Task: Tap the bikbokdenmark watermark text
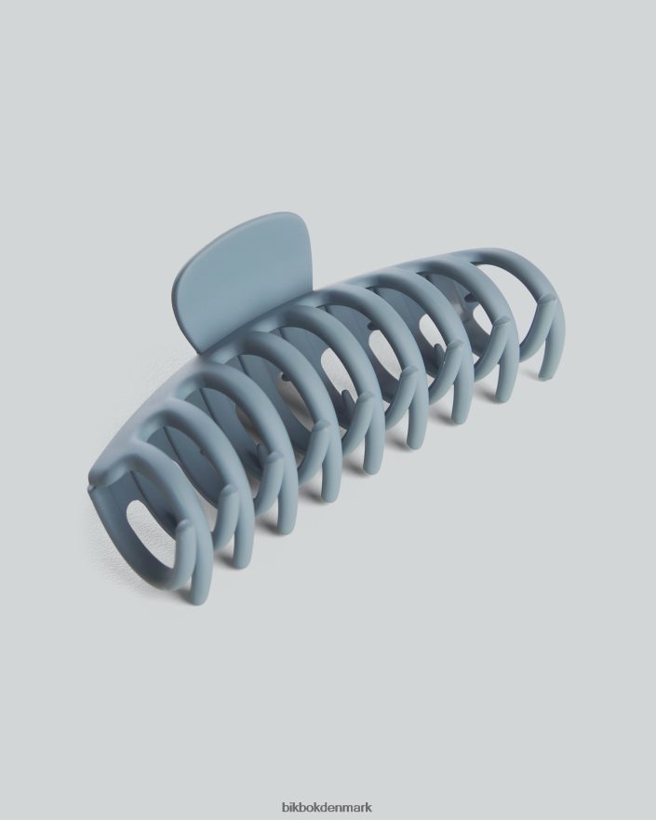click(x=328, y=808)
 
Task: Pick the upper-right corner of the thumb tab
click(x=302, y=251)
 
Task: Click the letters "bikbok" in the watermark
click(x=300, y=808)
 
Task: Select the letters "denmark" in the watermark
click(x=344, y=808)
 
